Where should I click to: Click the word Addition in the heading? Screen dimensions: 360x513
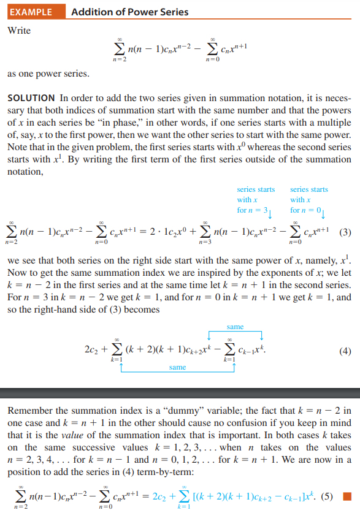tap(91, 12)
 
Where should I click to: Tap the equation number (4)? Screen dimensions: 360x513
tap(345, 352)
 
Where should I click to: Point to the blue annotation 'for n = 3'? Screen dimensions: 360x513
tap(253, 210)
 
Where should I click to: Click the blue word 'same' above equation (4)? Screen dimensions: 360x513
tap(235, 327)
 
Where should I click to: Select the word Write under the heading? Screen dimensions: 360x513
tap(19, 30)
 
